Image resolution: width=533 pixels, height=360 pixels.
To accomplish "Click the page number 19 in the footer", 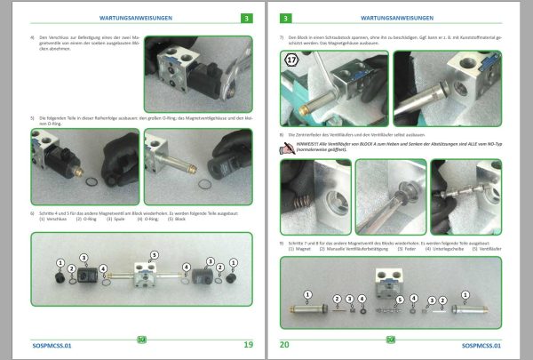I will [248, 344].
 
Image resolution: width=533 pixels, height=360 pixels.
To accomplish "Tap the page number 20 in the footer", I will [285, 344].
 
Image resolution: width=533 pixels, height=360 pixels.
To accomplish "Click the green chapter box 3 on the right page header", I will [286, 17].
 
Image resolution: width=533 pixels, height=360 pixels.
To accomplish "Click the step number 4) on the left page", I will [33, 38].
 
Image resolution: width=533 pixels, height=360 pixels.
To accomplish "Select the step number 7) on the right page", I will [282, 38].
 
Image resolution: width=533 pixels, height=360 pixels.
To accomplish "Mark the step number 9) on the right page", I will [282, 243].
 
